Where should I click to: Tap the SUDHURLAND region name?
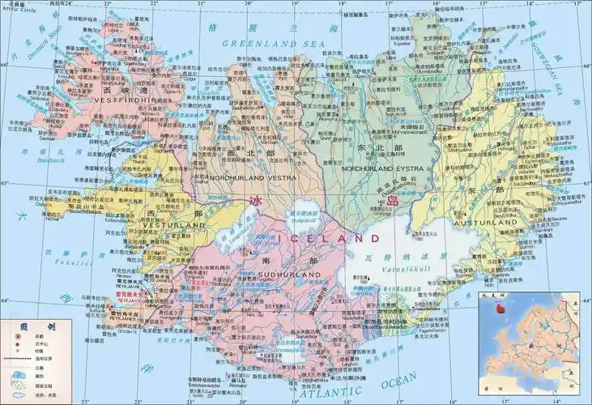[289, 275]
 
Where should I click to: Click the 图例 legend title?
[28, 326]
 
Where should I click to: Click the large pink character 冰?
[258, 201]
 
